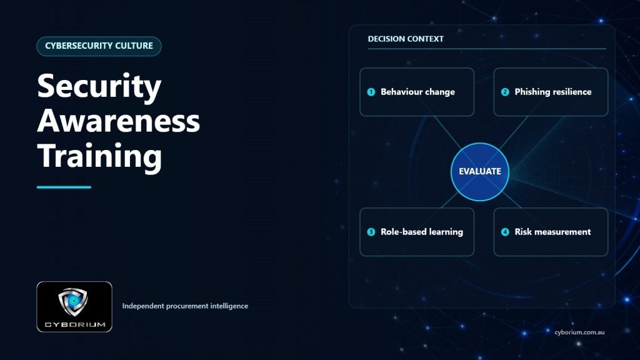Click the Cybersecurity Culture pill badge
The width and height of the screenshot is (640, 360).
tap(99, 46)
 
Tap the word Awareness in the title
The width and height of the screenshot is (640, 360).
tap(118, 121)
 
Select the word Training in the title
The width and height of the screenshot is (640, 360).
tap(99, 157)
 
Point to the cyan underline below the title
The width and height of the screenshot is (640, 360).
tap(64, 187)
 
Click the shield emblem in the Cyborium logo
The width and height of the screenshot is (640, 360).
tap(73, 302)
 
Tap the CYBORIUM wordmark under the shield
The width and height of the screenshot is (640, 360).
tap(75, 324)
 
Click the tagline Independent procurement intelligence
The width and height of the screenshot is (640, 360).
tap(185, 306)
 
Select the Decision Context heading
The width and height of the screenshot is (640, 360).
tap(405, 39)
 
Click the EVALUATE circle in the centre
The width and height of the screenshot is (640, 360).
tap(480, 172)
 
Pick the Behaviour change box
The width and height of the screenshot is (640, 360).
tap(417, 92)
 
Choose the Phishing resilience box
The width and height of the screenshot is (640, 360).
tap(551, 92)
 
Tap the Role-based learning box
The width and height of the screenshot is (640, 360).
tap(417, 232)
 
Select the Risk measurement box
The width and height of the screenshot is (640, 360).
tap(551, 232)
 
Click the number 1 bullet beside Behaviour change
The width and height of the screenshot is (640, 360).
tap(371, 92)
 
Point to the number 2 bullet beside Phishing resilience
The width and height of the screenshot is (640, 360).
tap(505, 92)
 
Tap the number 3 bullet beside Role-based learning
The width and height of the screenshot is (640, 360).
tap(371, 232)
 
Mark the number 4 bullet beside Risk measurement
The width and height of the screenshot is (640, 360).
tap(505, 232)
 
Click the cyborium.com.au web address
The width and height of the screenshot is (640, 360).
tap(579, 332)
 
